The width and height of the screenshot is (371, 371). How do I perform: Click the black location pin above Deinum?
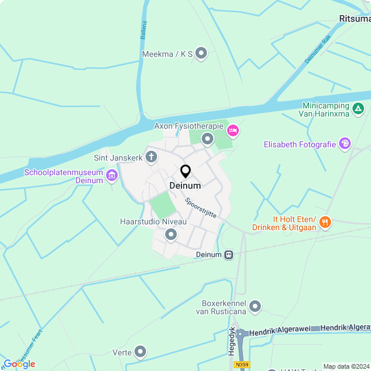[185, 172]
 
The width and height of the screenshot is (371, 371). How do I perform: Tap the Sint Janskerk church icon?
[151, 157]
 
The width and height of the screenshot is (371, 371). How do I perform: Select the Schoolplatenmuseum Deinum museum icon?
[112, 174]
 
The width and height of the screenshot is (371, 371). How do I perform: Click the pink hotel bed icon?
[232, 130]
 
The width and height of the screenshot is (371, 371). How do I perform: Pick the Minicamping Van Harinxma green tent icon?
[359, 108]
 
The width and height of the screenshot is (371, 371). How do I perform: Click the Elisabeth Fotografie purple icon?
[345, 143]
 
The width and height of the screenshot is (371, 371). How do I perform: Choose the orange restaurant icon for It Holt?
[325, 221]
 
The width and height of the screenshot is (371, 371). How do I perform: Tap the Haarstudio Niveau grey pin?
[171, 235]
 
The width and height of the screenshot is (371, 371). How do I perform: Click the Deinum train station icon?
[230, 254]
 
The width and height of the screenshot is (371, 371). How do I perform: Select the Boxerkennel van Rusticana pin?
[255, 306]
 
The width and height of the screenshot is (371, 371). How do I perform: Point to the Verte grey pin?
[140, 351]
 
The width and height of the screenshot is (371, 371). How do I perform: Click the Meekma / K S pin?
[201, 54]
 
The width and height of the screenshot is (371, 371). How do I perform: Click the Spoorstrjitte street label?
[201, 208]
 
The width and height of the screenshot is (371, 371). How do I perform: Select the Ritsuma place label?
[354, 19]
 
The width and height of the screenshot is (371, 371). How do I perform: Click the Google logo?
[19, 364]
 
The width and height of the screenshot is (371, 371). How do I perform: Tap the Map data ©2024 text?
[346, 366]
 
